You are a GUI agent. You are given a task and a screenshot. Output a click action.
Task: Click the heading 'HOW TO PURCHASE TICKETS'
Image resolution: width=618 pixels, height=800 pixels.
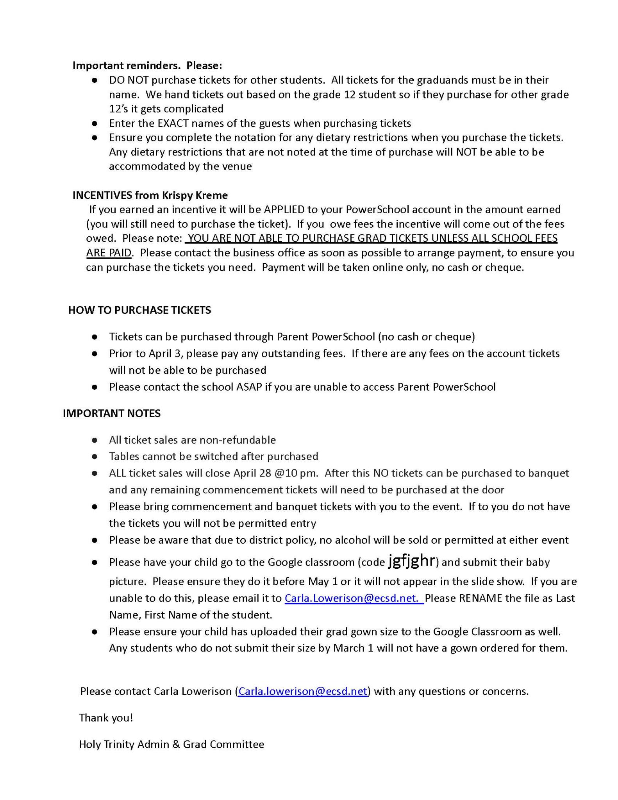[x=139, y=310]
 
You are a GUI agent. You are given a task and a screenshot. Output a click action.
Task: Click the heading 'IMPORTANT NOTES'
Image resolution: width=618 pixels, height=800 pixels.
[x=111, y=413]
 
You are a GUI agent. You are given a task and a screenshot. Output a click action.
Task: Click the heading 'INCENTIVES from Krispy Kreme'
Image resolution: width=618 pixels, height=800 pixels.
[x=150, y=195]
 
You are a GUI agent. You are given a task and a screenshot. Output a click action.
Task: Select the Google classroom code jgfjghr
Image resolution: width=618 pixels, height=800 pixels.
[x=412, y=561]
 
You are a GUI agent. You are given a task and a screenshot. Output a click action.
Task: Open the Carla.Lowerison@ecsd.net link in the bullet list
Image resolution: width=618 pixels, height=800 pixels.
[x=354, y=598]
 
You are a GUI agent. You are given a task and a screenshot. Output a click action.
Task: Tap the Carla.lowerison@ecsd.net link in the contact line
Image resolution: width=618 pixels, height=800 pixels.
[x=303, y=691]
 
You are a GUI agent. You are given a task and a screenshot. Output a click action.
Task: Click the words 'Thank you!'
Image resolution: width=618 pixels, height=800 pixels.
[x=106, y=718]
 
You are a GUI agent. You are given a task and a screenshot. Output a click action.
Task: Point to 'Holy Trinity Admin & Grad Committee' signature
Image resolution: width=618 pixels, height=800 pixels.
[x=171, y=744]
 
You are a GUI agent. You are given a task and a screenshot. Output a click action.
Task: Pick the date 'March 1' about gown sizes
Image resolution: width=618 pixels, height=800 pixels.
[x=348, y=648]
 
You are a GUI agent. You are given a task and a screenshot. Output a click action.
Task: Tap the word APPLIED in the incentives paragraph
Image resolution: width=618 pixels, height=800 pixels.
[x=284, y=209]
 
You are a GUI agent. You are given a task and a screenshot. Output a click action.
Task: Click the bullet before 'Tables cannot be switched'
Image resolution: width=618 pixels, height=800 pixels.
[x=94, y=457]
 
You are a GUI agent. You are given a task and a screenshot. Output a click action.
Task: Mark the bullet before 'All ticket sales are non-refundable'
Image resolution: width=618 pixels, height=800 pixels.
[x=94, y=440]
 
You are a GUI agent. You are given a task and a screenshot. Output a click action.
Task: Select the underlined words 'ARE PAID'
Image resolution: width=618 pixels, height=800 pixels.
[x=109, y=253]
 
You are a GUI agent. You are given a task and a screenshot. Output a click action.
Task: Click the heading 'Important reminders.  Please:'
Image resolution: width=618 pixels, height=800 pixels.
[x=147, y=65]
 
